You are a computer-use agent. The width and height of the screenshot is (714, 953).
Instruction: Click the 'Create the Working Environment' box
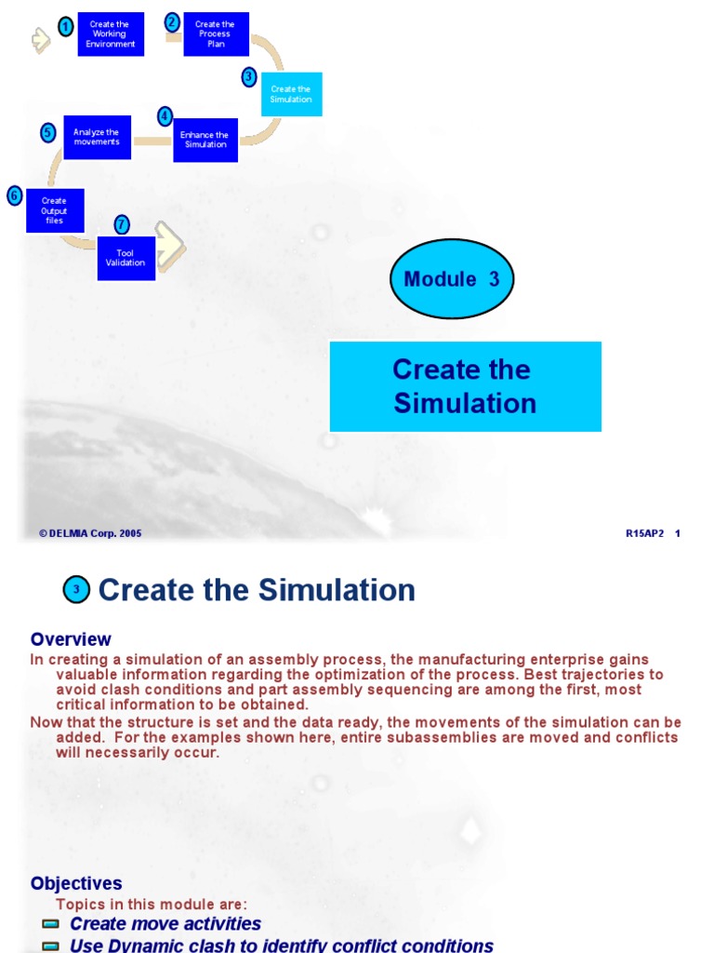111,34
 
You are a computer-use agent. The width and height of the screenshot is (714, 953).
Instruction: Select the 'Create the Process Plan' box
216,34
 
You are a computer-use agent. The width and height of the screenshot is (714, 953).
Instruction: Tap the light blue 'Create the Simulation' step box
291,94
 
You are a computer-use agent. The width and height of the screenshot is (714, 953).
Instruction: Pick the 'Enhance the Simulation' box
205,140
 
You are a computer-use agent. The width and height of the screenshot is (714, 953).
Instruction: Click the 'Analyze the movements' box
97,137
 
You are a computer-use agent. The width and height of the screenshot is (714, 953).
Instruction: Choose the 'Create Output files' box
55,210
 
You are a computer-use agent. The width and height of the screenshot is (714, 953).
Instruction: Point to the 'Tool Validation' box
126,258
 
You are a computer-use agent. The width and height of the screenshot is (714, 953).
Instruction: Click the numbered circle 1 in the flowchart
65,27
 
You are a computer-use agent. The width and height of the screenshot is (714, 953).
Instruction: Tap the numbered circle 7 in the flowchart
122,224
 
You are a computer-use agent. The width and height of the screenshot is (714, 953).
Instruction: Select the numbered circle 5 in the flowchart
48,133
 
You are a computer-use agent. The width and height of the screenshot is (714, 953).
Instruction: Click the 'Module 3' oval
452,279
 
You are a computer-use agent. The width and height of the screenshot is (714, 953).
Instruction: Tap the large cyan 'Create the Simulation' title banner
465,386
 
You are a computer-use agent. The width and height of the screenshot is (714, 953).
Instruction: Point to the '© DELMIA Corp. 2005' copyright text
90,533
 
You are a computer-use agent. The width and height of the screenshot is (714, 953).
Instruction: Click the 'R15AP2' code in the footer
645,533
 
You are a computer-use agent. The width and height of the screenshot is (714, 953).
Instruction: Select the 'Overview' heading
71,639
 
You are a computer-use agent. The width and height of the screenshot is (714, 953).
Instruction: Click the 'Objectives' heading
76,883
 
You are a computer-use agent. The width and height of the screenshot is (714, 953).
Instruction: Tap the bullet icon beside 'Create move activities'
51,924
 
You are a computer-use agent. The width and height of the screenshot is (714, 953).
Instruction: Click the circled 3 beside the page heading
76,590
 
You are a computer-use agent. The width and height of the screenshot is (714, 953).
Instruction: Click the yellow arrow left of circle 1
40,39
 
